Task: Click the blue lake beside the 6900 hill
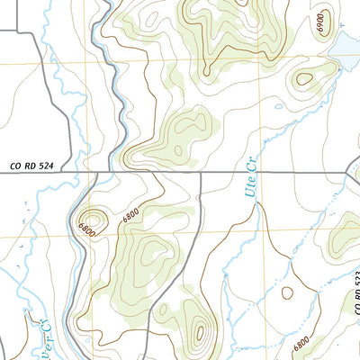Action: (x=347, y=45)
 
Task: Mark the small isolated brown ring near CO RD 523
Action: (x=287, y=292)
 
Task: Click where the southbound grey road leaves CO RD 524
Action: (x=200, y=173)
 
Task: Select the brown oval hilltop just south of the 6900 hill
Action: (x=305, y=79)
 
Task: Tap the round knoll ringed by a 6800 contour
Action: (x=92, y=219)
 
